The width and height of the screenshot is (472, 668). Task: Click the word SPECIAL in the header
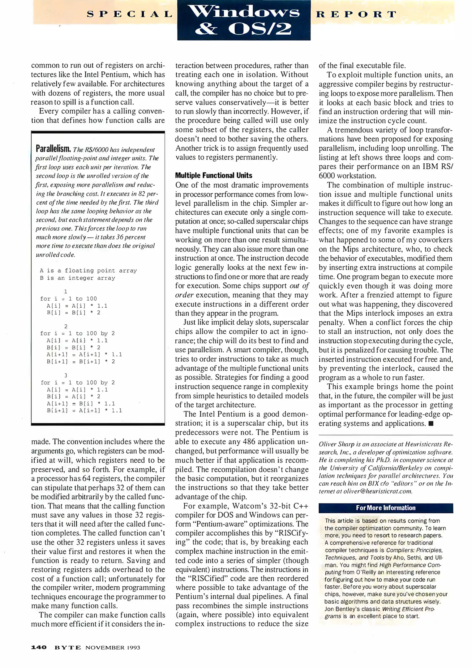pyautogui.click(x=130, y=14)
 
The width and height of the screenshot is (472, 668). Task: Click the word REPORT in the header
pyautogui.click(x=356, y=14)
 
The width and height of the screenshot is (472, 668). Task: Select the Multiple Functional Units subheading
pyautogui.click(x=213, y=175)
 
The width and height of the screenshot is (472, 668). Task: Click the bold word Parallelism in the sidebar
pyautogui.click(x=54, y=149)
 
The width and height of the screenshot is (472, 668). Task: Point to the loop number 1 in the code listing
pyautogui.click(x=66, y=291)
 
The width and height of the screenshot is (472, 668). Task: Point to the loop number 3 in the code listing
pyautogui.click(x=66, y=375)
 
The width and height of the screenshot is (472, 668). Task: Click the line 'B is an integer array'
pyautogui.click(x=77, y=278)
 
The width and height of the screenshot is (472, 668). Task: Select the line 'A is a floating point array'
pyautogui.click(x=88, y=271)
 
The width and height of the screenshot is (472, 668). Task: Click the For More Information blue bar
pyautogui.click(x=385, y=508)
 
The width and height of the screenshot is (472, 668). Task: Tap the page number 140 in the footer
pyautogui.click(x=39, y=647)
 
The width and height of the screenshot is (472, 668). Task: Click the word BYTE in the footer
pyautogui.click(x=68, y=647)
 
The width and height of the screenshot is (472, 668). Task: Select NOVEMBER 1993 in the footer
pyautogui.click(x=113, y=647)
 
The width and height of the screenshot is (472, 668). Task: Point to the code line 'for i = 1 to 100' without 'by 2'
pyautogui.click(x=68, y=299)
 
